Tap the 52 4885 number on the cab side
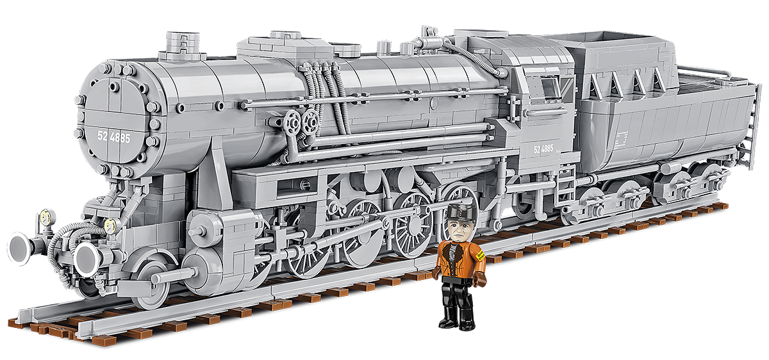543,149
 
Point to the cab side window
549,87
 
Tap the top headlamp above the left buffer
44,217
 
